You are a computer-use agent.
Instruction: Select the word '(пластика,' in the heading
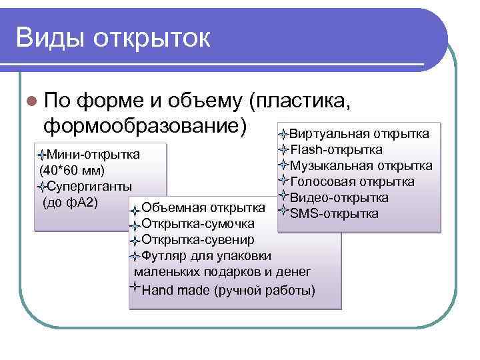point(300,101)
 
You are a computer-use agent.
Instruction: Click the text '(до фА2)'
point(70,201)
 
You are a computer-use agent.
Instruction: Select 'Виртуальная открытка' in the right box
point(359,133)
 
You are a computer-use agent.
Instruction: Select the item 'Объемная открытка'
point(204,208)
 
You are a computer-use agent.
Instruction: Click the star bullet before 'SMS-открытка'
point(283,213)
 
